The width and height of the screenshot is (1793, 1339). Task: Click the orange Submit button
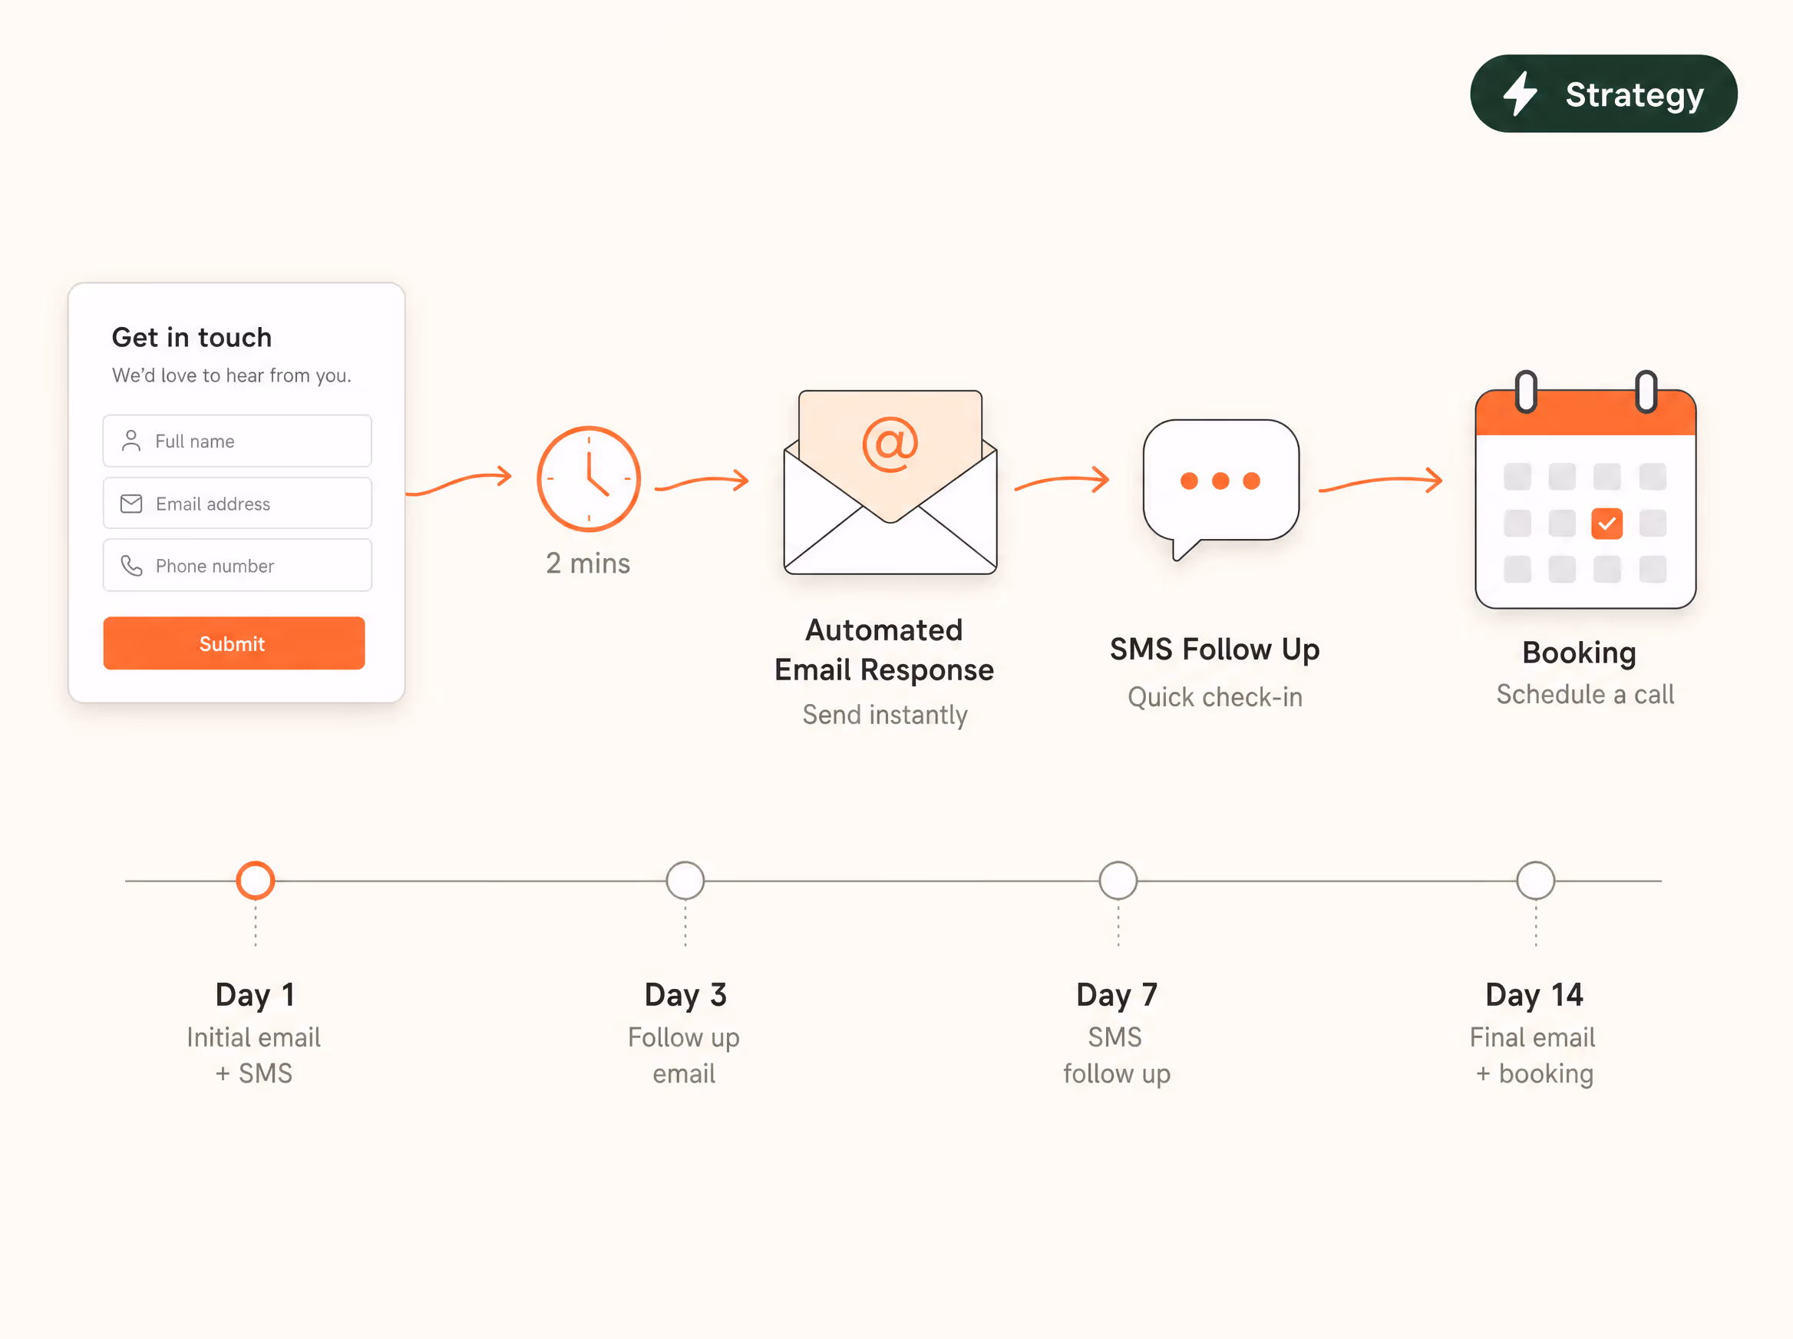pyautogui.click(x=233, y=643)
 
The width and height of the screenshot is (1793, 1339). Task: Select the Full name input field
pyautogui.click(x=236, y=441)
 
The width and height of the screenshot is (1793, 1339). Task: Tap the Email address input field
pyautogui.click(x=236, y=504)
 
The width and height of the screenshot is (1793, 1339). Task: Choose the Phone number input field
pyautogui.click(x=236, y=566)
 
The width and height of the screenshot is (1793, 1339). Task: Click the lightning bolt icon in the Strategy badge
pyautogui.click(x=1520, y=93)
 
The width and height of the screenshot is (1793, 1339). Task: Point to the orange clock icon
pyautogui.click(x=588, y=479)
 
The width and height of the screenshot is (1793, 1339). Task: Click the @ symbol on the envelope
pyautogui.click(x=890, y=445)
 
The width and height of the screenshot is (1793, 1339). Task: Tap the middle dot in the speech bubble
pyautogui.click(x=1220, y=481)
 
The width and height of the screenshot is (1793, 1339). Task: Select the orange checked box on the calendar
pyautogui.click(x=1606, y=524)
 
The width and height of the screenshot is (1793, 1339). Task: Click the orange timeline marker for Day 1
pyautogui.click(x=256, y=880)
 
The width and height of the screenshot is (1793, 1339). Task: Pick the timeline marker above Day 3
pyautogui.click(x=685, y=880)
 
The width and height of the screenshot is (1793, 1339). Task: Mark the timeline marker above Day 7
pyautogui.click(x=1118, y=880)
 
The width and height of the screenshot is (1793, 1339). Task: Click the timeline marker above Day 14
pyautogui.click(x=1535, y=880)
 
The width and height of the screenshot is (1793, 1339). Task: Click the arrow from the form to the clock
pyautogui.click(x=460, y=482)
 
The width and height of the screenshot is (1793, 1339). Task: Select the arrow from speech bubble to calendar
pyautogui.click(x=1381, y=481)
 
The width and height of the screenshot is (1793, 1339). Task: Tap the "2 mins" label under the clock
pyautogui.click(x=588, y=564)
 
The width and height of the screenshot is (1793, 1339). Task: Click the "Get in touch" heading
pyautogui.click(x=192, y=337)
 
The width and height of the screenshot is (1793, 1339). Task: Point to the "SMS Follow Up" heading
pyautogui.click(x=1214, y=650)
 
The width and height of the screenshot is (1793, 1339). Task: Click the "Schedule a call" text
pyautogui.click(x=1585, y=695)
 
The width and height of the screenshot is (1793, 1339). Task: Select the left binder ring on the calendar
pyautogui.click(x=1526, y=392)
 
